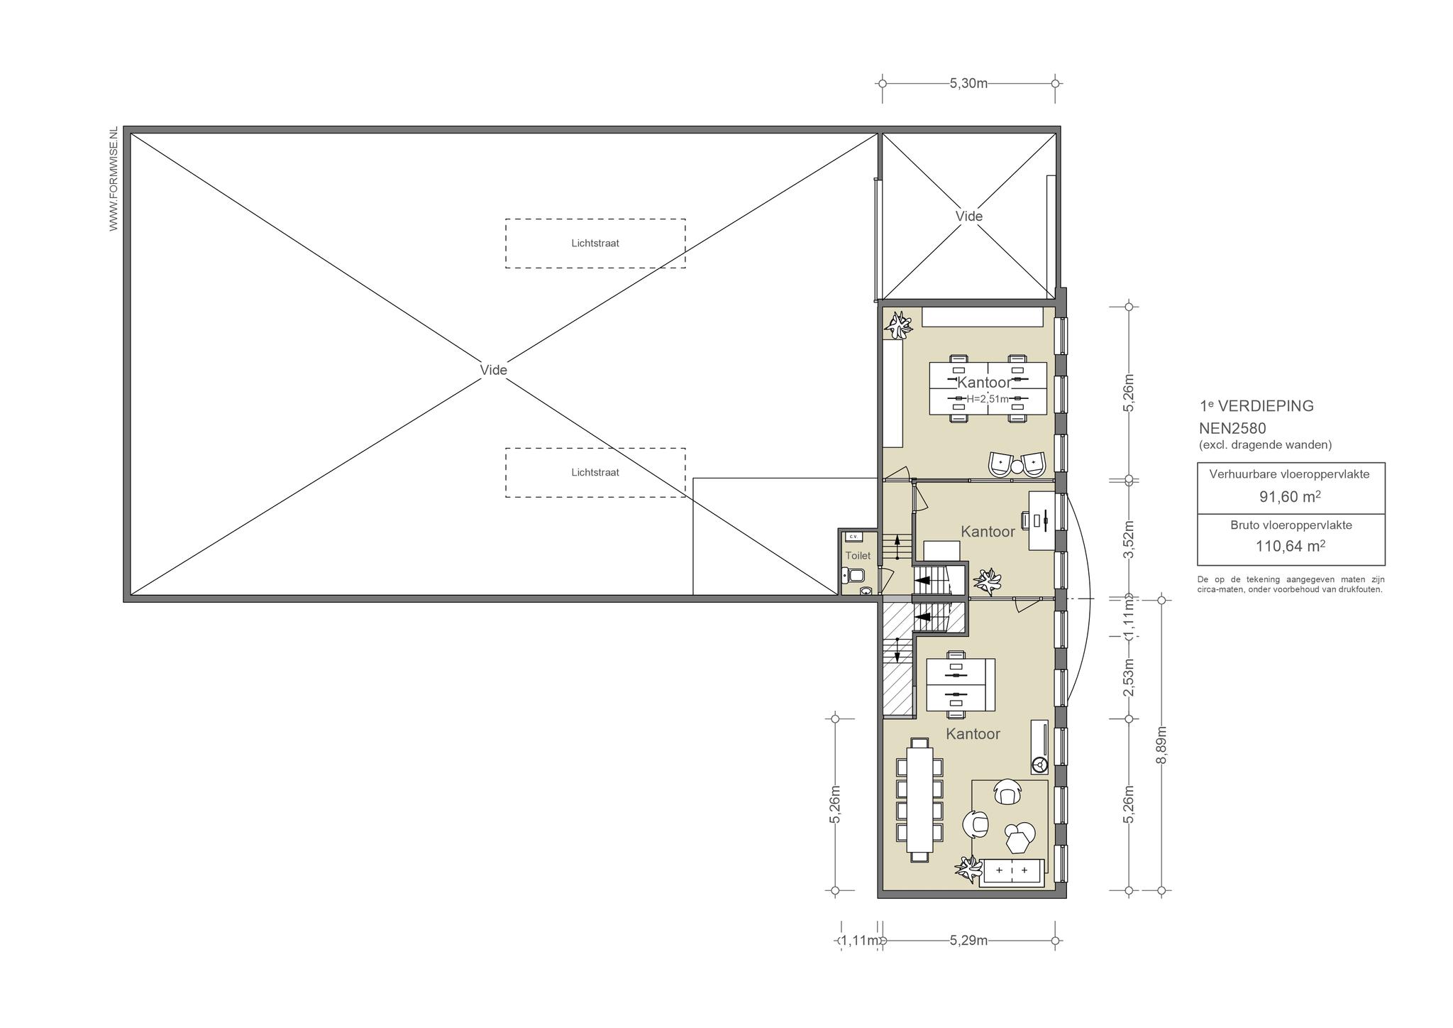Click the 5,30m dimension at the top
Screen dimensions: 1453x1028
(x=968, y=83)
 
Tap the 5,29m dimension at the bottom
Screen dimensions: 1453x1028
(x=968, y=941)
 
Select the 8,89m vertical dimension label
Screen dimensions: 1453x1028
(x=1161, y=745)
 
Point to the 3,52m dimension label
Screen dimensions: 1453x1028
(x=1129, y=540)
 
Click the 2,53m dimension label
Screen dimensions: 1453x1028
(x=1129, y=677)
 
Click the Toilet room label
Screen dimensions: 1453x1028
(x=858, y=556)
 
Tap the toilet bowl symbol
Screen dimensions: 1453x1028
(x=852, y=574)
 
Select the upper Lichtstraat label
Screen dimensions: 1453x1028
(x=595, y=243)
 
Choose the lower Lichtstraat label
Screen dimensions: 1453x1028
(x=595, y=472)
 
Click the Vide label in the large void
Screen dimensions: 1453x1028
(x=494, y=370)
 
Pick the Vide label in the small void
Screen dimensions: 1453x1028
(x=968, y=216)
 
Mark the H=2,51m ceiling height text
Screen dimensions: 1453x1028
(x=988, y=399)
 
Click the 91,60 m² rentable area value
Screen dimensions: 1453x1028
(x=1291, y=497)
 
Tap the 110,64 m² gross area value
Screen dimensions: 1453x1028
(x=1291, y=547)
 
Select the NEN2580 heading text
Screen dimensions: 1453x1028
(x=1232, y=428)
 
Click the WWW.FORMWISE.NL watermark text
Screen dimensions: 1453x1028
(x=114, y=180)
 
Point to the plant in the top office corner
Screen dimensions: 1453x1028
(x=900, y=326)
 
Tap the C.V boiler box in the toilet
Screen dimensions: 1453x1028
(x=853, y=536)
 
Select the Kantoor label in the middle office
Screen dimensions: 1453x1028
(x=988, y=531)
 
